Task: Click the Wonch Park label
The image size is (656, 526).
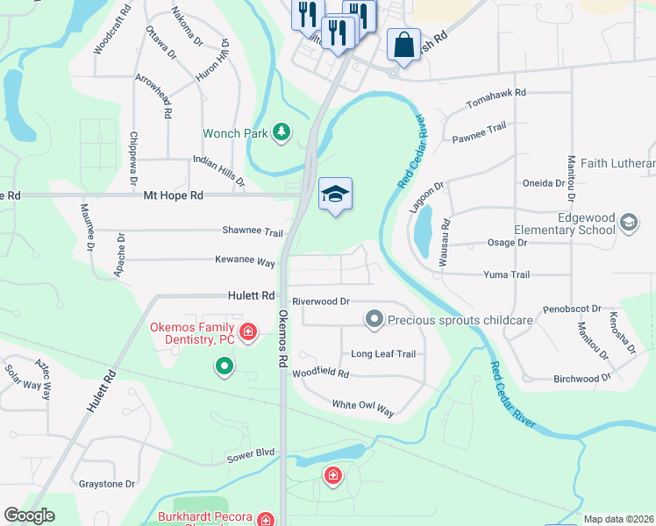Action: pos(234,134)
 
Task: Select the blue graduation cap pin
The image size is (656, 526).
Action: pos(335,195)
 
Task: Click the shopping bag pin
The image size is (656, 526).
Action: pos(403,46)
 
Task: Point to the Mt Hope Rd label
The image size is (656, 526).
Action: pos(174,195)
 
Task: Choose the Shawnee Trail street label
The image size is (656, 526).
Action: pos(253,233)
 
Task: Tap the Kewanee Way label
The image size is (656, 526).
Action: pos(246,261)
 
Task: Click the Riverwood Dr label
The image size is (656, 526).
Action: pos(321,301)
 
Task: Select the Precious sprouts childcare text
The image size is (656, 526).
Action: pos(460,320)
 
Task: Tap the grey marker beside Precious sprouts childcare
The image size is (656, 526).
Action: pos(374,319)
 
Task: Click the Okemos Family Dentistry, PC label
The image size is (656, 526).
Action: pos(191,332)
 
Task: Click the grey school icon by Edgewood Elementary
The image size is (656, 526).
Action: pos(629,223)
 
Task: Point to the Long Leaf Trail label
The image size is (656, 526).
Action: pos(383,354)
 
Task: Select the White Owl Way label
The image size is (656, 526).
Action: pos(363,406)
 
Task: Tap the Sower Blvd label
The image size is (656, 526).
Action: pos(251,454)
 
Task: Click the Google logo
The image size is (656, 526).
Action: pos(29,515)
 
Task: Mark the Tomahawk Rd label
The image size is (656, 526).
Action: pos(496,92)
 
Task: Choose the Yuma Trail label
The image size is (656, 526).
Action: pos(507,274)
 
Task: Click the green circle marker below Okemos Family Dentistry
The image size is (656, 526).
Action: pos(225,366)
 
